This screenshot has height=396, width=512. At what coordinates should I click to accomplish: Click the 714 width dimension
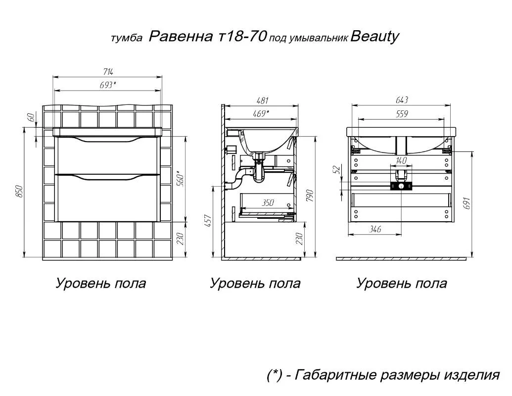108,72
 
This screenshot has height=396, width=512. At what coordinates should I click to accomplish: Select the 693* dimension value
108,85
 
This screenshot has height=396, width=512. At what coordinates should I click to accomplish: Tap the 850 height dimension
19,192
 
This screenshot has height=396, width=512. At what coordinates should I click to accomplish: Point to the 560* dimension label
181,178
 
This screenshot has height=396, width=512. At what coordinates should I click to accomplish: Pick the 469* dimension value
261,113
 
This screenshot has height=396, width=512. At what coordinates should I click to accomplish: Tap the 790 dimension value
310,196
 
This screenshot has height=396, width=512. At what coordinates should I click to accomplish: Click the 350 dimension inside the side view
268,203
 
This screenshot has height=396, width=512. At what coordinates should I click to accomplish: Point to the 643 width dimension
402,100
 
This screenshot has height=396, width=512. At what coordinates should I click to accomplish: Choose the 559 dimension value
402,114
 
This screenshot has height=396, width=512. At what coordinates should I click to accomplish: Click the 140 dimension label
401,160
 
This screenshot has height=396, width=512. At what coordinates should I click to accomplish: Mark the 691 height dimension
467,203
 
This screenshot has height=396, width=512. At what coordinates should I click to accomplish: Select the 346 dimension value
375,229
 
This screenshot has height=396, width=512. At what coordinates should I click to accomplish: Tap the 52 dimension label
338,170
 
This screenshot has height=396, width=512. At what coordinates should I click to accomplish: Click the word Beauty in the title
374,37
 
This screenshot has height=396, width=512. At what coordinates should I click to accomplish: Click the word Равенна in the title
181,37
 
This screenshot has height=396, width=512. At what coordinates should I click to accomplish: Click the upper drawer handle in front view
108,140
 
